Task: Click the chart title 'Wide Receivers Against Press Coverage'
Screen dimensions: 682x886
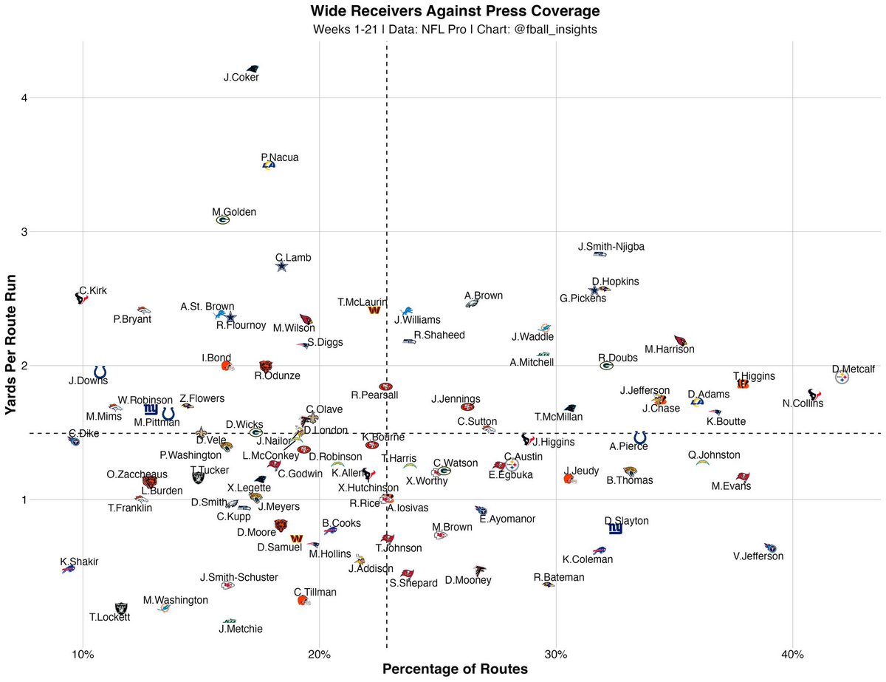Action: pos(455,11)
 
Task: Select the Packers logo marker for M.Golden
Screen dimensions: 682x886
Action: pos(223,219)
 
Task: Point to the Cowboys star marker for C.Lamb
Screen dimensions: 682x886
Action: pos(281,267)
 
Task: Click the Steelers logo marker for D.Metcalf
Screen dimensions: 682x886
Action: pos(842,378)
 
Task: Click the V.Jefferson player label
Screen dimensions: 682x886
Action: pos(758,556)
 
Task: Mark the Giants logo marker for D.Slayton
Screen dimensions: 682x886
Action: pos(615,528)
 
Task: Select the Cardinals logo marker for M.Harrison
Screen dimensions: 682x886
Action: pos(680,341)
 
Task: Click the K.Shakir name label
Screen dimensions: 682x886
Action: pos(79,562)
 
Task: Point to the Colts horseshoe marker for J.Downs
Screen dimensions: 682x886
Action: pos(100,372)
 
